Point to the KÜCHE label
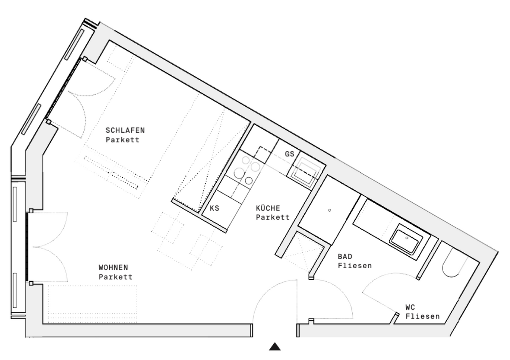pyautogui.click(x=267, y=208)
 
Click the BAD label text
pyautogui.click(x=345, y=257)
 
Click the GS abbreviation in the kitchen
pyautogui.click(x=289, y=154)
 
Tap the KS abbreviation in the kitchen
pyautogui.click(x=214, y=209)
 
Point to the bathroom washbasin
pyautogui.click(x=407, y=240)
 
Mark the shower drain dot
pyautogui.click(x=329, y=210)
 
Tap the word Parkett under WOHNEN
pyautogui.click(x=116, y=277)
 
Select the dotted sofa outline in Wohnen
pyautogui.click(x=93, y=303)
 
